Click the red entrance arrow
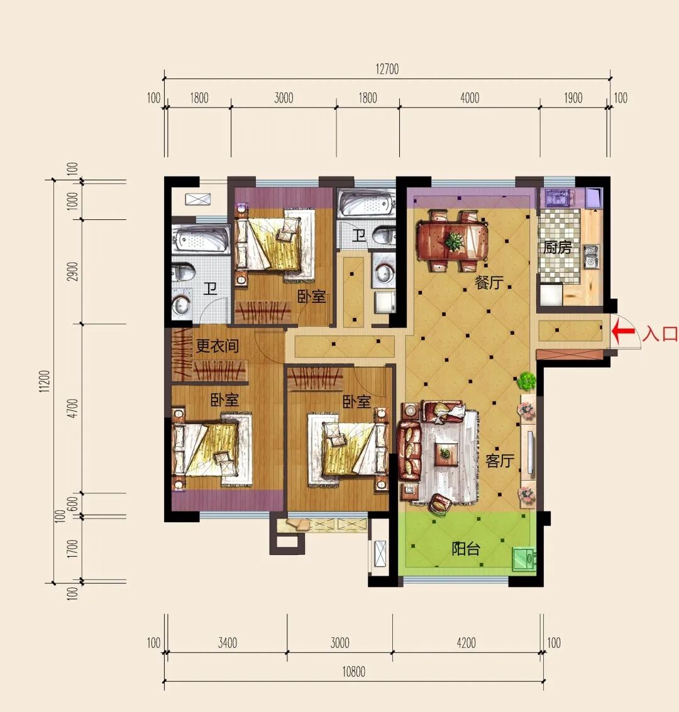pyautogui.click(x=623, y=331)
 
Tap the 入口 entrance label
pyautogui.click(x=660, y=334)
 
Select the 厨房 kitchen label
pyautogui.click(x=557, y=248)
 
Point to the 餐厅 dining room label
pyautogui.click(x=489, y=282)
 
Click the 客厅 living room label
pyautogui.click(x=500, y=461)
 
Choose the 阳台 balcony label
pyautogui.click(x=465, y=549)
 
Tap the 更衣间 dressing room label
pyautogui.click(x=217, y=346)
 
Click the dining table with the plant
pyautogui.click(x=453, y=241)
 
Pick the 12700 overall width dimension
pyautogui.click(x=387, y=69)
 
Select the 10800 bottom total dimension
pyautogui.click(x=353, y=672)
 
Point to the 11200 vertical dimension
pyautogui.click(x=44, y=381)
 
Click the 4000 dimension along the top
pyautogui.click(x=470, y=97)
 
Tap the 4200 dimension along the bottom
pyautogui.click(x=466, y=643)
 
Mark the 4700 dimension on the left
pyautogui.click(x=72, y=408)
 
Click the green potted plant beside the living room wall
pyautogui.click(x=527, y=381)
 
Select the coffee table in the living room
pyautogui.click(x=445, y=454)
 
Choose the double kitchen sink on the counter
pyautogui.click(x=591, y=256)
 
